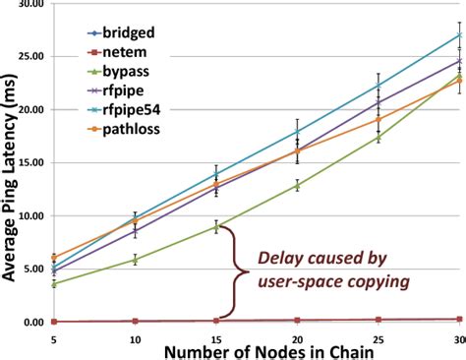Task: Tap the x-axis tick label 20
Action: tap(296, 337)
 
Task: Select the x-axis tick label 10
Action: tap(135, 337)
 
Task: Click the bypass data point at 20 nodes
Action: tap(297, 185)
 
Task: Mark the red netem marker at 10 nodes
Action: tap(135, 321)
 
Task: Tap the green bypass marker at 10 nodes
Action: tap(135, 260)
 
